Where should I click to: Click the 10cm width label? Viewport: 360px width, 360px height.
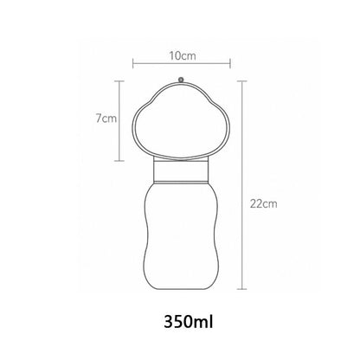tap(182, 54)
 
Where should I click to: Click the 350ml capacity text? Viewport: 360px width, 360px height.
tap(181, 324)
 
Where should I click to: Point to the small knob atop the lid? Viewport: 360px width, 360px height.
tap(181, 79)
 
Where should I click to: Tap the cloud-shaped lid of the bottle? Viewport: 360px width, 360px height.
tap(181, 121)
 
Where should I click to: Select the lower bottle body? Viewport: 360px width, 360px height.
tap(181, 234)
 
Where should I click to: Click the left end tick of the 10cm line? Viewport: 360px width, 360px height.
tap(132, 63)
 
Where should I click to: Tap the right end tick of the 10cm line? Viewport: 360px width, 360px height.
tap(229, 63)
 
